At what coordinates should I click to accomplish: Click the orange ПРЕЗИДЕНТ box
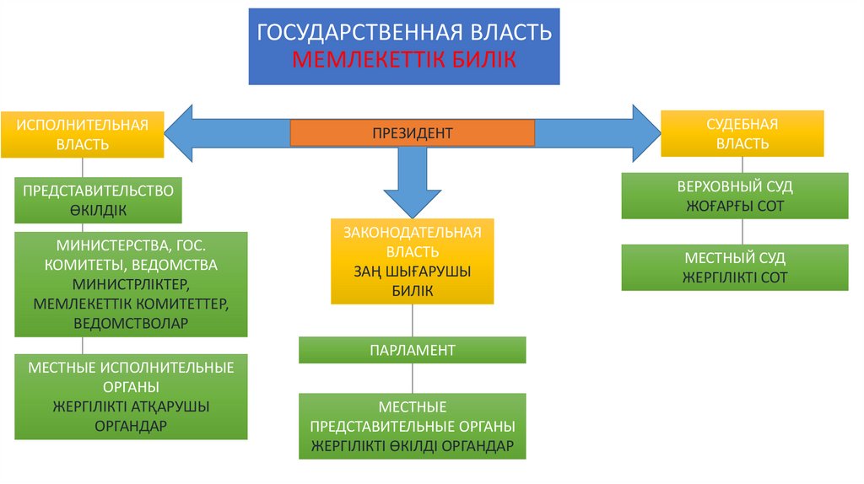click(x=413, y=132)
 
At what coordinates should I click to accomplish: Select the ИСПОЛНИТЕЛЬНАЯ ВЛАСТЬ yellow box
click(x=83, y=134)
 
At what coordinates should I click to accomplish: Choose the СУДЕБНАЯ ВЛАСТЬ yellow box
click(x=742, y=133)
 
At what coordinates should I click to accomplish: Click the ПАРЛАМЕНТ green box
click(x=412, y=350)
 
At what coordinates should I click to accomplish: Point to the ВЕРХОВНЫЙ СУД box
click(x=735, y=196)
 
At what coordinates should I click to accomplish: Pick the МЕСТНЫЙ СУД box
click(x=735, y=267)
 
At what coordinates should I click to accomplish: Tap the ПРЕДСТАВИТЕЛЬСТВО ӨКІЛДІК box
click(x=99, y=201)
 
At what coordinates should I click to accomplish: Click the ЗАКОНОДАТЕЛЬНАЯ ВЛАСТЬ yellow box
click(x=412, y=261)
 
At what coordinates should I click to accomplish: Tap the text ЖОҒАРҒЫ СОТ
click(x=735, y=206)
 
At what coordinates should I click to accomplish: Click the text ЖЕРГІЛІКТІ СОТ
click(x=735, y=277)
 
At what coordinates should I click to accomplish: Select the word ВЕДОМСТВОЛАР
click(x=131, y=323)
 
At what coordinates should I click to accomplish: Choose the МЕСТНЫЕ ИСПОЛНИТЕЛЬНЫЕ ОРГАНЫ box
click(x=131, y=396)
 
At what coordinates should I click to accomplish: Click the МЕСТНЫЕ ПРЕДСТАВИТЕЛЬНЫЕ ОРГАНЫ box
click(x=412, y=426)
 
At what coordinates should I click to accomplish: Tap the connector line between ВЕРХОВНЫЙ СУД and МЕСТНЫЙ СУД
click(x=742, y=232)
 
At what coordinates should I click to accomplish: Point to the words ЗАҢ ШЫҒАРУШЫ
click(x=412, y=272)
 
